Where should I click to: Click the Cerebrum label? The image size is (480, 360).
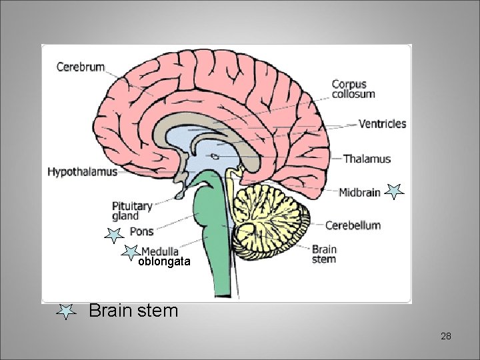(81, 67)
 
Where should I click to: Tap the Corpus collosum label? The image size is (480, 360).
(353, 89)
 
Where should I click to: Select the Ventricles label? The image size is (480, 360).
(382, 123)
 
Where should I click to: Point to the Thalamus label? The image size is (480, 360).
(367, 159)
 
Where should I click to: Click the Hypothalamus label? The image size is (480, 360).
(82, 172)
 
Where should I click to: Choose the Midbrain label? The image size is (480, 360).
(359, 193)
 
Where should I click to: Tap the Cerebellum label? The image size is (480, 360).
(353, 225)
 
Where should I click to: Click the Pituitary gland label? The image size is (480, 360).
(132, 211)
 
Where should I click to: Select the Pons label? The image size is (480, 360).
(141, 232)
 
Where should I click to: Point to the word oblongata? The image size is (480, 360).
(164, 263)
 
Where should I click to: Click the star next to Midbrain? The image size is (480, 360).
(395, 192)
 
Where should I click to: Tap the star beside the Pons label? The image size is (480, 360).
(114, 234)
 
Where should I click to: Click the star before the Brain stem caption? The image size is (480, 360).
(65, 311)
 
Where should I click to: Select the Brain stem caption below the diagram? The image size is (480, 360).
(133, 311)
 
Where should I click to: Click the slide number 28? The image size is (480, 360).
(446, 336)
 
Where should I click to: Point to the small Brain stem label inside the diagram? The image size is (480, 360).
(324, 254)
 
